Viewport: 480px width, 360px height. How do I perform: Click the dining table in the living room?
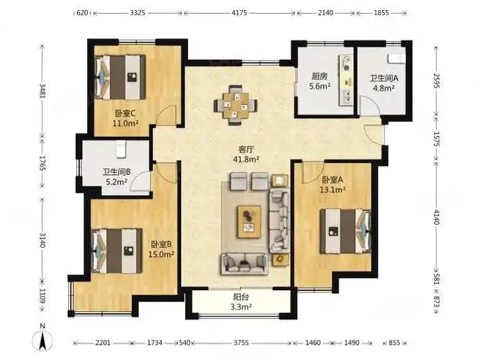(x=235, y=105)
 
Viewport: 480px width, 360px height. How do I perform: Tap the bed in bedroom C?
(x=120, y=77)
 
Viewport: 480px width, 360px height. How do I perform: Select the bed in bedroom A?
(x=345, y=231)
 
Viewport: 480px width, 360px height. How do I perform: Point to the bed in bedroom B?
(x=117, y=251)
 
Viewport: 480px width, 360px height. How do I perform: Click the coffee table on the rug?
(x=250, y=222)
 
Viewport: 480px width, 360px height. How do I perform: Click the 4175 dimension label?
(x=240, y=13)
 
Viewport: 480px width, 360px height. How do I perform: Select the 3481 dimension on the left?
(x=42, y=91)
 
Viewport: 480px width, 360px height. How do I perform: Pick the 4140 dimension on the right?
(x=437, y=216)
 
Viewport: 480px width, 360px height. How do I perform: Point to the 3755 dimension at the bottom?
(x=241, y=343)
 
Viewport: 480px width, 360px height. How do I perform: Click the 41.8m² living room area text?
(x=246, y=159)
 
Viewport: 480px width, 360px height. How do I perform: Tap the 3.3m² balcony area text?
(x=241, y=307)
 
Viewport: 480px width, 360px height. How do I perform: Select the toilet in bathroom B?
(x=121, y=149)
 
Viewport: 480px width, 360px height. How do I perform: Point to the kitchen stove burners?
(x=347, y=63)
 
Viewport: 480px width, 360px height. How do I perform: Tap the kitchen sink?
(x=347, y=97)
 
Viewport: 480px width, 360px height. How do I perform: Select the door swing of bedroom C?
(x=166, y=115)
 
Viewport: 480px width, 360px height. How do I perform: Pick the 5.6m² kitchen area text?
(x=320, y=86)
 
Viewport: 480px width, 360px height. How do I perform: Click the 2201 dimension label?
(x=103, y=343)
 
